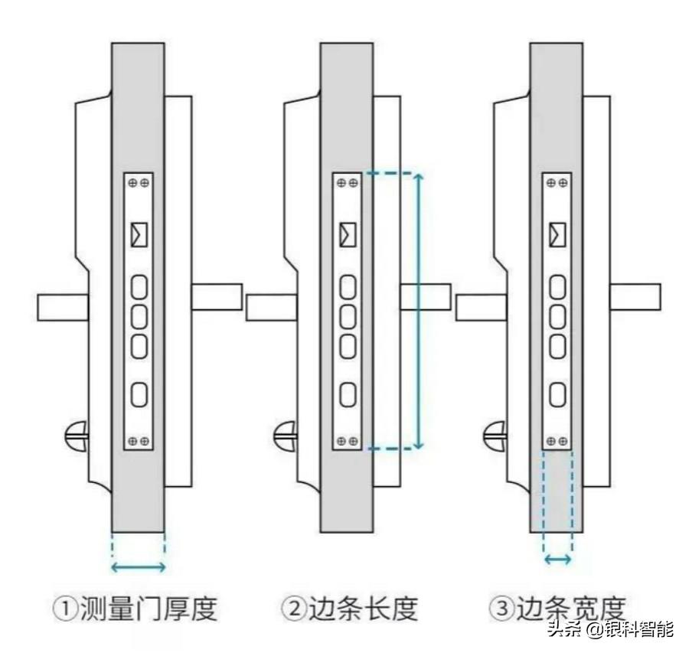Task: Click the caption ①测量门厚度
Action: (x=136, y=609)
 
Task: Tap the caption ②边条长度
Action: (x=350, y=609)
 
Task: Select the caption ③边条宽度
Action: (x=558, y=609)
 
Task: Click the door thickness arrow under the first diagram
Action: (x=139, y=567)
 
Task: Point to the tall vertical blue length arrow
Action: (x=418, y=311)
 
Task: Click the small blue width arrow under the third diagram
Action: (x=557, y=560)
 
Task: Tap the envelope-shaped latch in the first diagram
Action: (x=139, y=234)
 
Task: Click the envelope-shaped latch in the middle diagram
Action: (x=348, y=234)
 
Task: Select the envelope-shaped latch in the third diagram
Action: (x=558, y=234)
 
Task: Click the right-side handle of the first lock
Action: (x=217, y=297)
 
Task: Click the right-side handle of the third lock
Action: (x=635, y=297)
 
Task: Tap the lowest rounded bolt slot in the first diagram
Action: (x=139, y=394)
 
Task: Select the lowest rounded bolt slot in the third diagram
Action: (x=558, y=394)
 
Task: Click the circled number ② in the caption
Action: (x=293, y=610)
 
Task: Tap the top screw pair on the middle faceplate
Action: (x=348, y=183)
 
